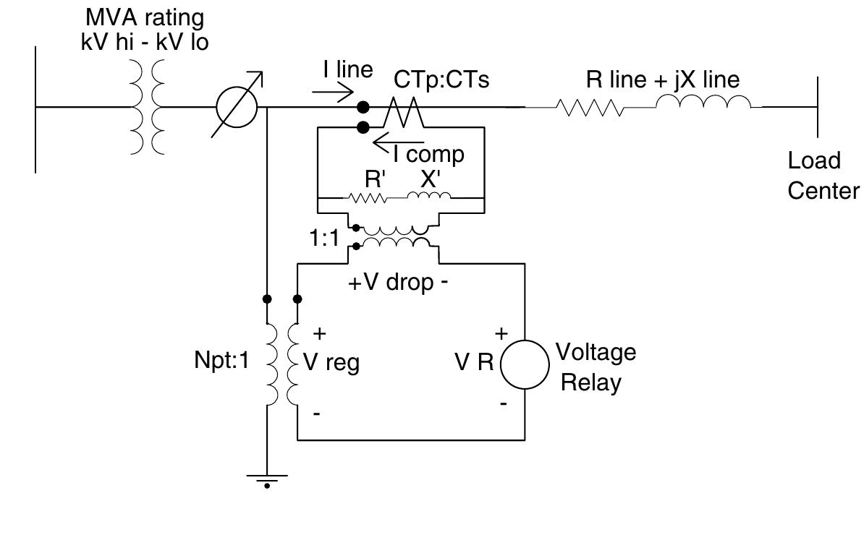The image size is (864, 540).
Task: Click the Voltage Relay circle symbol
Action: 524,364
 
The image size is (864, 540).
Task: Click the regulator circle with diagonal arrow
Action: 237,107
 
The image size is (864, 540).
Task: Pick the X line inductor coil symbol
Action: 704,106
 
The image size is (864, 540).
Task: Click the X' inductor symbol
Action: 428,196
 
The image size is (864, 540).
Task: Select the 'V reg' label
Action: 331,363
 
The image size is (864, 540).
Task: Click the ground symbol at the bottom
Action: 267,479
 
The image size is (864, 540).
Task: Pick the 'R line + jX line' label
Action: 663,80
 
